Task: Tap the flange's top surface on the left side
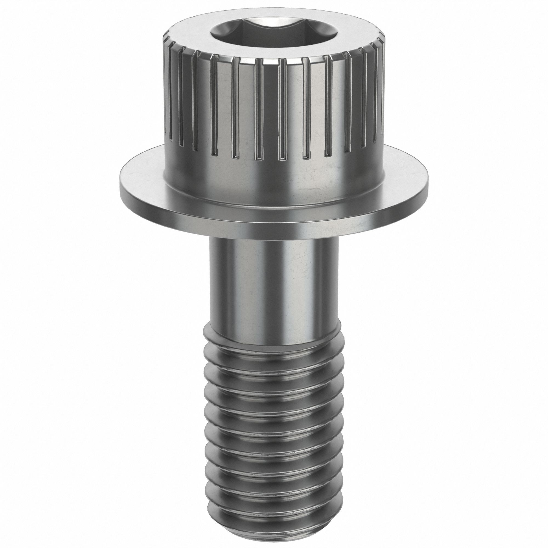[142, 182]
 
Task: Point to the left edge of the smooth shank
[210, 284]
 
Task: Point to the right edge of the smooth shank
[338, 284]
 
